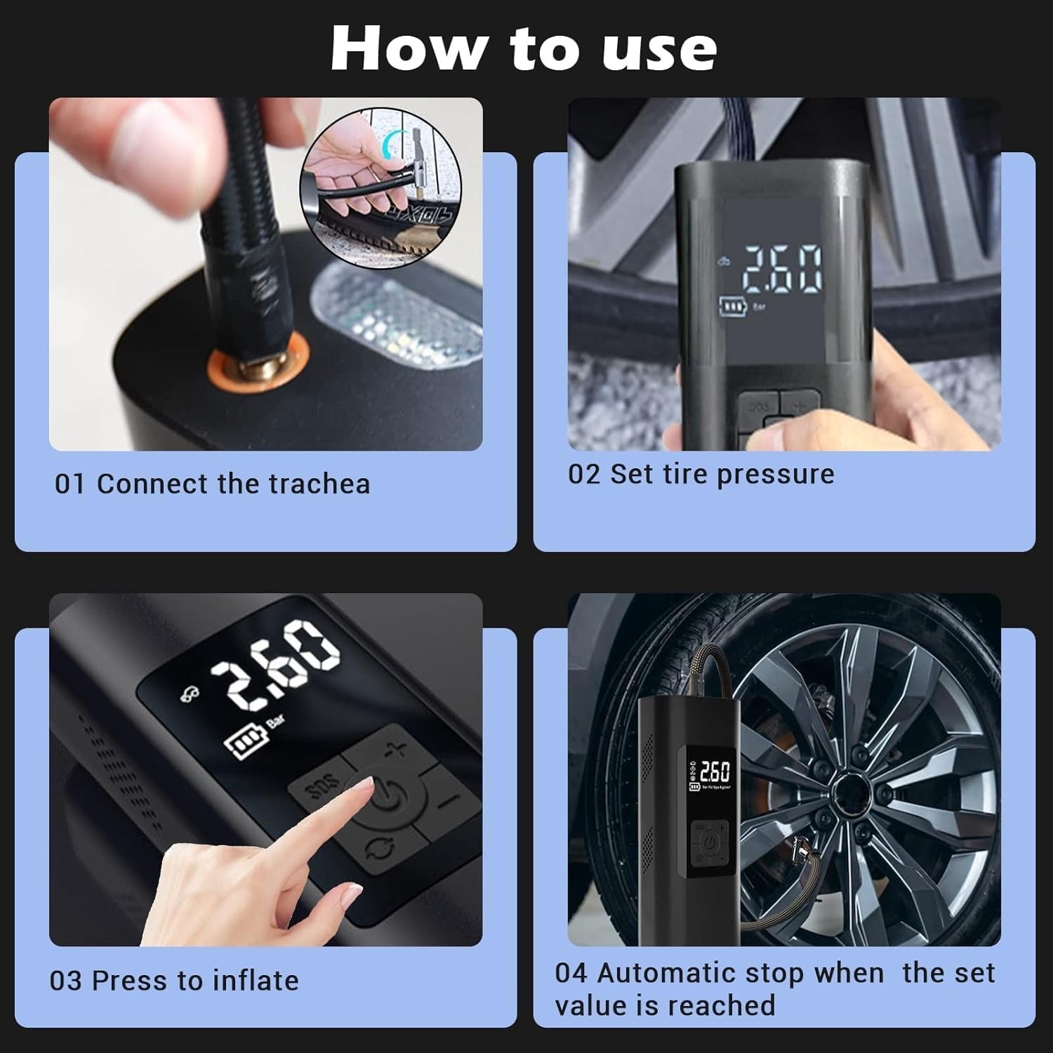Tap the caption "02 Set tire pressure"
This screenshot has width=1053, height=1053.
[x=701, y=475]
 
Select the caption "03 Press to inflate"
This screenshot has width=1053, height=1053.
[x=174, y=980]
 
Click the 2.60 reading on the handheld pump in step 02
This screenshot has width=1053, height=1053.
[x=782, y=270]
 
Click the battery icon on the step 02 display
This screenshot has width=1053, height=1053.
[x=733, y=307]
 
